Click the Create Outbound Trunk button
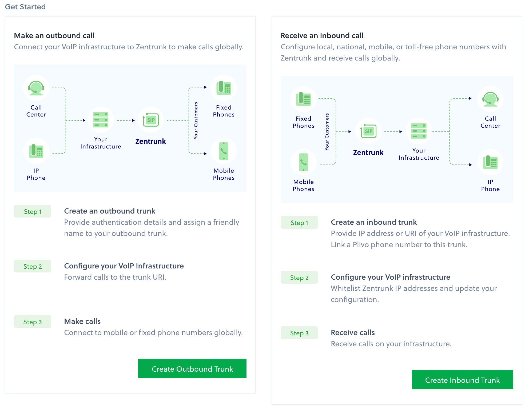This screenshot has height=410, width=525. (192, 368)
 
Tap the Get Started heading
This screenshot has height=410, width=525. (25, 7)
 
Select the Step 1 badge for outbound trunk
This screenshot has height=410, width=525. (33, 211)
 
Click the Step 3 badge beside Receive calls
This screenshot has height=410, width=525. (299, 333)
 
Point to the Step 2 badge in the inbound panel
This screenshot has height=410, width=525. (299, 278)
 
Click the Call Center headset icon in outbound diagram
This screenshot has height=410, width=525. (36, 88)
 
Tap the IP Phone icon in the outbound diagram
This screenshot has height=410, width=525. (36, 151)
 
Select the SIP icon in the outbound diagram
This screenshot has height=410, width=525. (151, 120)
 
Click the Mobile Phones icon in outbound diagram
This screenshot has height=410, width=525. (224, 151)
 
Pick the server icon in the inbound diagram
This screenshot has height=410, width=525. (419, 131)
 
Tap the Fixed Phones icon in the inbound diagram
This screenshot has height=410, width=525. (303, 99)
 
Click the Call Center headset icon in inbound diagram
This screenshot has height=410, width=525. (490, 99)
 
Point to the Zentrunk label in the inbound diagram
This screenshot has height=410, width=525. (368, 152)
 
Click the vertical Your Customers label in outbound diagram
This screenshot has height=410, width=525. (196, 120)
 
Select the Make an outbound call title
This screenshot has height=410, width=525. (54, 35)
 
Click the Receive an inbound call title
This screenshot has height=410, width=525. (322, 35)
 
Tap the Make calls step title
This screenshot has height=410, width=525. (82, 321)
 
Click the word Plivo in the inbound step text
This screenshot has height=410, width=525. (361, 244)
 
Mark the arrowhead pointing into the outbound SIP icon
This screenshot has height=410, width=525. (133, 120)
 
